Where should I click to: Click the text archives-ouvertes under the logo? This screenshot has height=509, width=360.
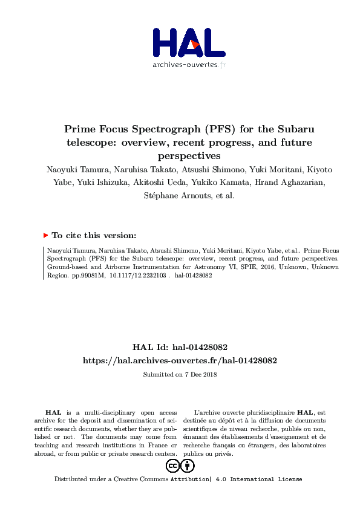pyautogui.click(x=184, y=65)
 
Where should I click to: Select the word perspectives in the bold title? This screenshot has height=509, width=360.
pyautogui.click(x=180, y=155)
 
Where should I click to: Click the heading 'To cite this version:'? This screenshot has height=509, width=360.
pyautogui.click(x=94, y=235)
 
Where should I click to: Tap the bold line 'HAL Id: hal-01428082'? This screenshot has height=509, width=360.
pyautogui.click(x=180, y=348)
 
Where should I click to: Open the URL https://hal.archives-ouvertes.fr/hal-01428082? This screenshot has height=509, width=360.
pyautogui.click(x=180, y=360)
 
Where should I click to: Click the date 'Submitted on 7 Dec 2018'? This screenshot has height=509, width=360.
pyautogui.click(x=180, y=374)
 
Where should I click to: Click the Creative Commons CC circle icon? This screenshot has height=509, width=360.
pyautogui.click(x=172, y=466)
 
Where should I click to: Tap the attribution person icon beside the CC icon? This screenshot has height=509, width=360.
pyautogui.click(x=188, y=466)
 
